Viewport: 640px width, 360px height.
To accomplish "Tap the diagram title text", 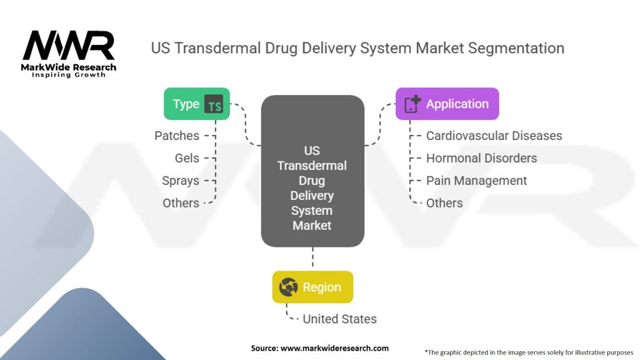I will pos(357,48).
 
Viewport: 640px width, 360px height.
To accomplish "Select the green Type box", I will pos(196,104).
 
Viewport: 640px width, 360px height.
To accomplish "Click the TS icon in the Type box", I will pos(214,104).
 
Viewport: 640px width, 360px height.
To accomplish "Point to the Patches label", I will pos(177,136).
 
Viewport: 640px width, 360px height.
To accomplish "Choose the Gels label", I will pos(187,158).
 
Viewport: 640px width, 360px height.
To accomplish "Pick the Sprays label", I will pos(181,181).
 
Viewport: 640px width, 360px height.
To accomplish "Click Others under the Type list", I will pos(181,203).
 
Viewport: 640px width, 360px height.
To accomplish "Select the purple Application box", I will pos(447,104).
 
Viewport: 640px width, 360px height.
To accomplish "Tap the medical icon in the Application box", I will pos(412,104).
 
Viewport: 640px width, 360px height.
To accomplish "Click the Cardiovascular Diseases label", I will pos(494,136).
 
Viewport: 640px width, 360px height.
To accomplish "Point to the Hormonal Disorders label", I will pos(481,158).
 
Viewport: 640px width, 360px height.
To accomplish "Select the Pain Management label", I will pos(476,181).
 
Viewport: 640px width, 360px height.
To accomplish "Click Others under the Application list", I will pos(444,203).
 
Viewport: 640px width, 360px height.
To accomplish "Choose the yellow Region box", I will pos(312,287).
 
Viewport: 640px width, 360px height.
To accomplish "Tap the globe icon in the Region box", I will pos(288,287).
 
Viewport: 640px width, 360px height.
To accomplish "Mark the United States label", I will pos(339,319).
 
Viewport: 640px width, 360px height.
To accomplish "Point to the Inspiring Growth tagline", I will pos(69,75).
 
